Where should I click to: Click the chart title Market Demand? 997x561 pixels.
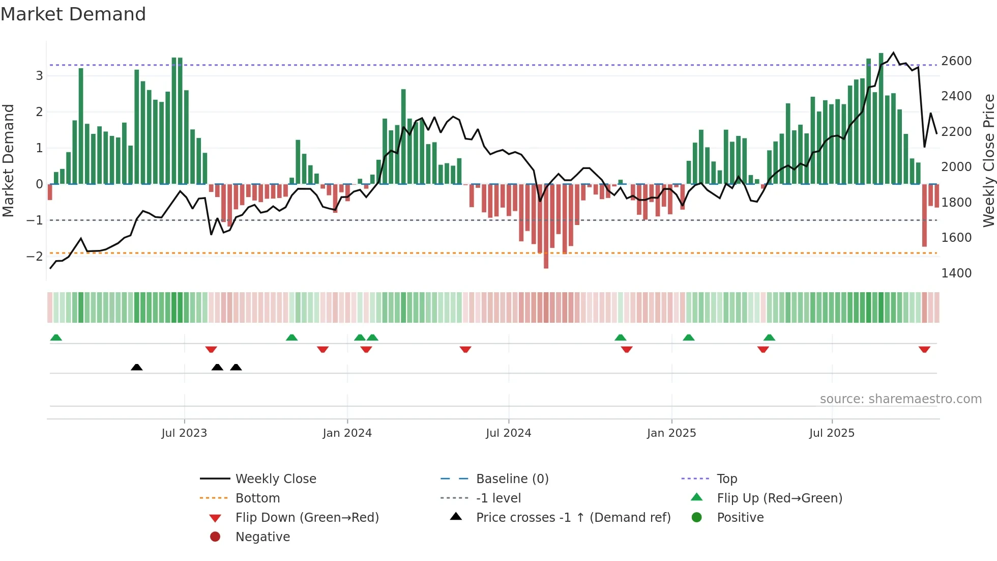pyautogui.click(x=73, y=14)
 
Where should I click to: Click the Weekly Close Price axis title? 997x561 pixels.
pyautogui.click(x=988, y=160)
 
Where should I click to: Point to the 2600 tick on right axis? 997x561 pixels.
pyautogui.click(x=956, y=61)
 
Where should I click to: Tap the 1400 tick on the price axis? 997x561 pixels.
pyautogui.click(x=956, y=273)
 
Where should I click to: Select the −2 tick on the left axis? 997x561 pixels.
pyautogui.click(x=35, y=256)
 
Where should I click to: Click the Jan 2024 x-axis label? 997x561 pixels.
pyautogui.click(x=347, y=433)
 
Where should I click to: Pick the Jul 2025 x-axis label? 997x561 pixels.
pyautogui.click(x=832, y=433)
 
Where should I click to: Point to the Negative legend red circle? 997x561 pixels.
pyautogui.click(x=215, y=537)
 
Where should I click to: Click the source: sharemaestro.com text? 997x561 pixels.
pyautogui.click(x=900, y=399)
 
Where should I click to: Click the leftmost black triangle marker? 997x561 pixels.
pyautogui.click(x=136, y=367)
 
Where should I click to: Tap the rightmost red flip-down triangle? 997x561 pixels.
pyautogui.click(x=924, y=349)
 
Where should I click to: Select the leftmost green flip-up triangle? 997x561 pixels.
pyautogui.click(x=56, y=338)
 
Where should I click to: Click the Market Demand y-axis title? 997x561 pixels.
pyautogui.click(x=8, y=160)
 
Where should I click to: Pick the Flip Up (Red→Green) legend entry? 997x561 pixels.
pyautogui.click(x=779, y=498)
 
